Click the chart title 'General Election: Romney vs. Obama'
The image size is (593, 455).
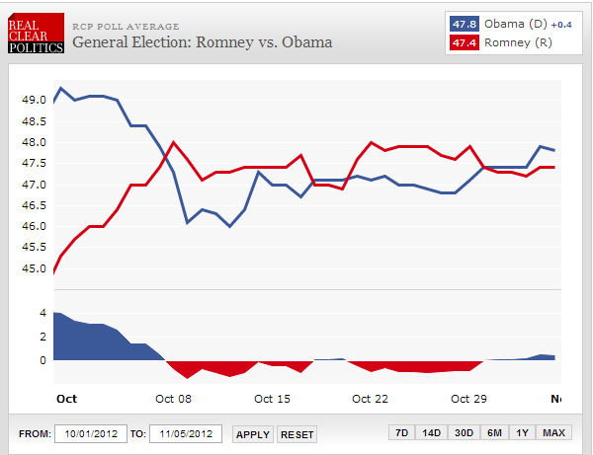(x=203, y=42)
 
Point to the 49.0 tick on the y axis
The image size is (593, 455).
(x=34, y=100)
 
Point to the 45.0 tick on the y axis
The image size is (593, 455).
(x=34, y=268)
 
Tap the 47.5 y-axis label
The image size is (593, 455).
(x=34, y=163)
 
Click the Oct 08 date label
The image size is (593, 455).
(x=174, y=399)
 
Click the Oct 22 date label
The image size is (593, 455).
(x=369, y=399)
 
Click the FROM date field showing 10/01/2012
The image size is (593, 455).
(x=88, y=434)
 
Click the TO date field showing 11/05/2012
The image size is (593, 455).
(x=185, y=434)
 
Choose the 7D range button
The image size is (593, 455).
(x=401, y=434)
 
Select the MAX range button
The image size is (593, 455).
(x=554, y=434)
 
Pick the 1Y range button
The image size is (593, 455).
(x=522, y=434)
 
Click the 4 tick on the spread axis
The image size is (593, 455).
(x=42, y=313)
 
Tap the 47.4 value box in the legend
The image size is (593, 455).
(x=463, y=42)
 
